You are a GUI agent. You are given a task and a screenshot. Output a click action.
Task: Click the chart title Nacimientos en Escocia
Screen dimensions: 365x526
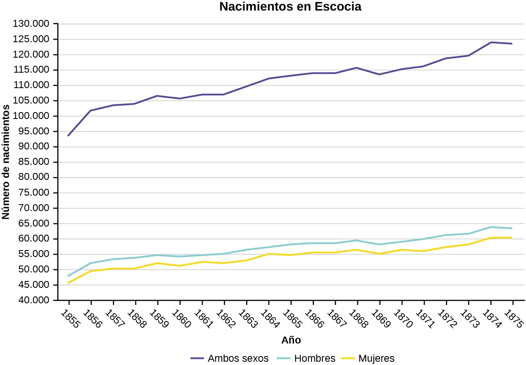pos(290,7)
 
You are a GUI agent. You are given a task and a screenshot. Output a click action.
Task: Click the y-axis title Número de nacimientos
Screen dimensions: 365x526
pos(6,162)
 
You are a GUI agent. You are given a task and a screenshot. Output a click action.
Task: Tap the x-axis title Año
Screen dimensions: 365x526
pos(291,340)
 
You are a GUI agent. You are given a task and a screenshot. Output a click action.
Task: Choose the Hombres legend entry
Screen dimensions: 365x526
pos(314,359)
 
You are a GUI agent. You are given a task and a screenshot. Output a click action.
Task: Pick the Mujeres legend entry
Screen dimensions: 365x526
pos(376,359)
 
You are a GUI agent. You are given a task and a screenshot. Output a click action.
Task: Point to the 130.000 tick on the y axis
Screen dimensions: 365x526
pos(31,24)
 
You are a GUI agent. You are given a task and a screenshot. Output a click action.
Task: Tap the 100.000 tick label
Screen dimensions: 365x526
pos(31,116)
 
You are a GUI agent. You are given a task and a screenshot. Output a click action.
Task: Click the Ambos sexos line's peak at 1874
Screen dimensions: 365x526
pos(491,42)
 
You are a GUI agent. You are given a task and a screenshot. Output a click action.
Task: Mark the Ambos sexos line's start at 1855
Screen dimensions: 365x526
pos(69,135)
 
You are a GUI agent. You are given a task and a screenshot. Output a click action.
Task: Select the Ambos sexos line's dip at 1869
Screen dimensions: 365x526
pos(379,74)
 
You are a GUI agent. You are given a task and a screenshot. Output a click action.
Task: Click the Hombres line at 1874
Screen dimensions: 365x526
pos(491,227)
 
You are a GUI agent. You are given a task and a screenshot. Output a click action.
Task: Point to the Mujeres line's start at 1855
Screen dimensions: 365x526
pos(69,283)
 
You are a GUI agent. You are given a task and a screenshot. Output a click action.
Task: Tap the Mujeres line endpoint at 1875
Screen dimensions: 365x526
pos(512,238)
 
